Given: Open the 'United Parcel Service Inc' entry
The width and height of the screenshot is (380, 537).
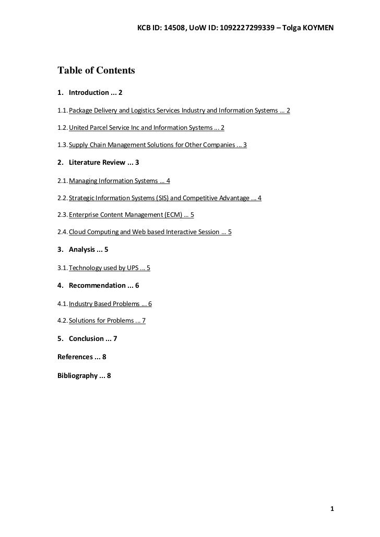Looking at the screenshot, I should point(146,128).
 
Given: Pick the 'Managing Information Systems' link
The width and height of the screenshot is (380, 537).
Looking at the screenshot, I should point(119,181).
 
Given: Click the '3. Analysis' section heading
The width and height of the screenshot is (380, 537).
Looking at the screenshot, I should point(83,250).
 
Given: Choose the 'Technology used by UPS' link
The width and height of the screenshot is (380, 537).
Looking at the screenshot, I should point(109,268).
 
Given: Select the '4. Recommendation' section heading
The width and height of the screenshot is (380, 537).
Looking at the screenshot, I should point(98,286).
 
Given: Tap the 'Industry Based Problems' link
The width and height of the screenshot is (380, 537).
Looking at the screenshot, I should point(110,303).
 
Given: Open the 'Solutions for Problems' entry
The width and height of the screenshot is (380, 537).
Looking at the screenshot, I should point(107,321).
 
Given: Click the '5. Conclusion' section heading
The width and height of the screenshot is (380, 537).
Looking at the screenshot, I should point(87,339).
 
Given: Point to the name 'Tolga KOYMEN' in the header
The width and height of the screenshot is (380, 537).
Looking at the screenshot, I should point(312,27).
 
